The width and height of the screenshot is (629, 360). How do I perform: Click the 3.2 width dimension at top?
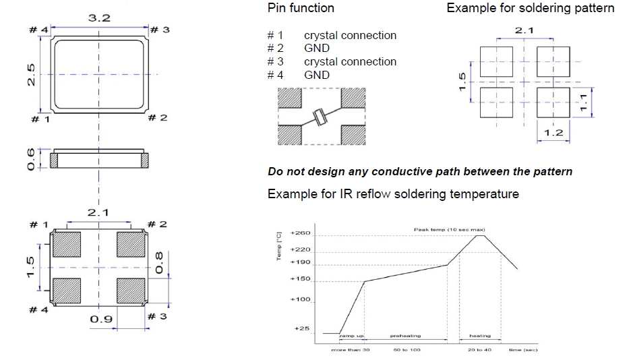tap(99, 18)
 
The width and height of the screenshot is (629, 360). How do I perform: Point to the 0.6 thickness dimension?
tap(30, 159)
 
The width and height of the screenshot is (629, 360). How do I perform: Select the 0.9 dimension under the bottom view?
tap(100, 318)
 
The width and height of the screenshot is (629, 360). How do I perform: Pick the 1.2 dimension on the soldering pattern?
tap(553, 133)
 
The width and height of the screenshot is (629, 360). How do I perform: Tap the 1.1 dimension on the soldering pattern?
tap(585, 102)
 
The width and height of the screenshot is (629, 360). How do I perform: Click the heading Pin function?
tap(301, 8)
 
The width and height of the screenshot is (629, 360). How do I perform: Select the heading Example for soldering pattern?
tap(531, 8)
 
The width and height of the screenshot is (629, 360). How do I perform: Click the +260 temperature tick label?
tap(300, 233)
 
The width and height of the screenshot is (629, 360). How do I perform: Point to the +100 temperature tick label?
tap(300, 299)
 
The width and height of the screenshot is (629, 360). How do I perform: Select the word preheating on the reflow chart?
tap(405, 336)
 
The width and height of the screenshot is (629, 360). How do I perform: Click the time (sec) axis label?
tap(522, 349)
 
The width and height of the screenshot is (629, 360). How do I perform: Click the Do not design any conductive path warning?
tap(420, 171)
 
